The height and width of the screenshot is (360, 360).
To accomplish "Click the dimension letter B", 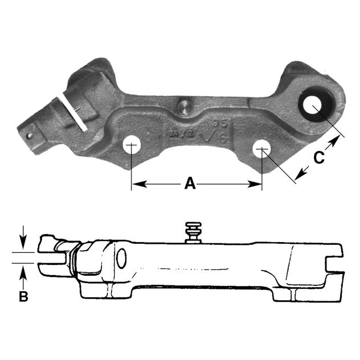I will pos(23,297).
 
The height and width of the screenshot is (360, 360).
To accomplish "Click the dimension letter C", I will pos(320,157).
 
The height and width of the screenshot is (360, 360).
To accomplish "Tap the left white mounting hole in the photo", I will pos(132,144).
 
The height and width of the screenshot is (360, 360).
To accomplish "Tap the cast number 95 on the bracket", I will pos(217,124).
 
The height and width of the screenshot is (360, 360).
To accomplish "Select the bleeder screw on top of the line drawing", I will pos(193,232).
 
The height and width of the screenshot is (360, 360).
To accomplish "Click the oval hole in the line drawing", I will pos(121,259).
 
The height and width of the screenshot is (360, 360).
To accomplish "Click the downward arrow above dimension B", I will pos(23,243).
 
